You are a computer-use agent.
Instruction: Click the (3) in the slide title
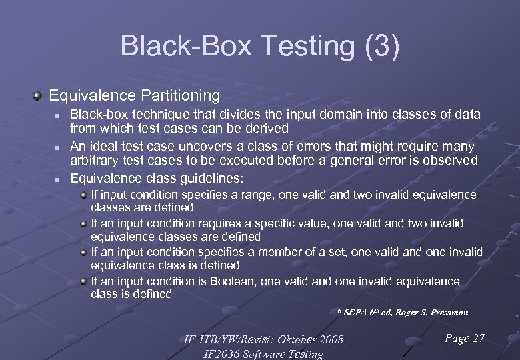point(380,46)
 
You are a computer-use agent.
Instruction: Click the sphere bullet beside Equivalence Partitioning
point(38,96)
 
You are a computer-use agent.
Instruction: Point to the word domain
point(308,115)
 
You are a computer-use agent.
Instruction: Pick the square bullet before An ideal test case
point(58,147)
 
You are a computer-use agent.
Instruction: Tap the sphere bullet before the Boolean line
point(84,281)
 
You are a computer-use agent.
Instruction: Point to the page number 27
point(479,339)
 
